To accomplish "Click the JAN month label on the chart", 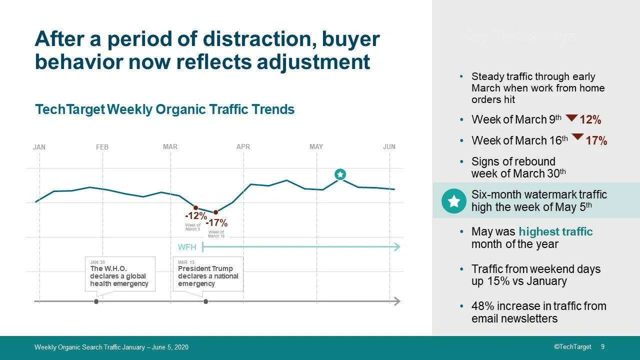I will coord(39,147).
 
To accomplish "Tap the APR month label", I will coord(243,147).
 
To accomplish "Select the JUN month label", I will coord(389,147).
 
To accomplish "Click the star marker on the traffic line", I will coord(340,174).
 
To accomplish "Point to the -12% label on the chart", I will coord(195,216).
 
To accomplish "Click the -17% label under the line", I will coord(216,223).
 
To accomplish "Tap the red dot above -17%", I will coord(215,212).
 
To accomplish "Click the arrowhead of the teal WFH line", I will coord(397,246).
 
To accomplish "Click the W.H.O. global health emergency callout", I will coord(119,273).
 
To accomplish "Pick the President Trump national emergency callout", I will coord(208,273).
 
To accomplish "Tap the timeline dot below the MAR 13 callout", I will coord(205,301).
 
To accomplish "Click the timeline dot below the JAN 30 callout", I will coord(96,301).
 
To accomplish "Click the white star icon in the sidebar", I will coord(454,201).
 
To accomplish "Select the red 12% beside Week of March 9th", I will coord(590,120).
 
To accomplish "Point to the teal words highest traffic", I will coord(555,232).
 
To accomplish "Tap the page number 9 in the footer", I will coord(602,347).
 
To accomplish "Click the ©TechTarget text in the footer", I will coord(572,347).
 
